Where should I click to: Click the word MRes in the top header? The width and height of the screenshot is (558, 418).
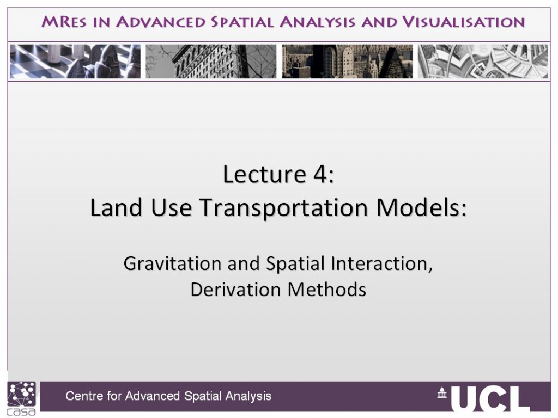pyautogui.click(x=64, y=22)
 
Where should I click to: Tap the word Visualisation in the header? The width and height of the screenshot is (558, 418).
pyautogui.click(x=464, y=22)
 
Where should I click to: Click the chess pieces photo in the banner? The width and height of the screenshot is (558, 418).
pyautogui.click(x=75, y=61)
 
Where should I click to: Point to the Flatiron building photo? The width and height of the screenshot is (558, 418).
pyautogui.click(x=211, y=61)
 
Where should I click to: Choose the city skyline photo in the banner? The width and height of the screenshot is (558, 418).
pyautogui.click(x=347, y=61)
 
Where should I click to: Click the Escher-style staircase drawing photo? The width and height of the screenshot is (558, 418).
pyautogui.click(x=483, y=61)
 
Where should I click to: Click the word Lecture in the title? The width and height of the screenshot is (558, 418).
pyautogui.click(x=264, y=174)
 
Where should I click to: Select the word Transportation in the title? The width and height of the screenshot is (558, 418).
pyautogui.click(x=284, y=207)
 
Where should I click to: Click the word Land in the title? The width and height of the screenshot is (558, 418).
pyautogui.click(x=117, y=207)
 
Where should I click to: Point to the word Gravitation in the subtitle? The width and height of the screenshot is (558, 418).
pyautogui.click(x=173, y=264)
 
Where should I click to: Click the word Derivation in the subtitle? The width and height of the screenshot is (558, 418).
pyautogui.click(x=236, y=290)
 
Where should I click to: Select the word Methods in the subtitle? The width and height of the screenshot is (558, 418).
pyautogui.click(x=327, y=290)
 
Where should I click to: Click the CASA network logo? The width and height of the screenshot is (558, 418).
pyautogui.click(x=22, y=398)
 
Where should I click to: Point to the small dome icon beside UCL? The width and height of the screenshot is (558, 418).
pyautogui.click(x=442, y=392)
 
